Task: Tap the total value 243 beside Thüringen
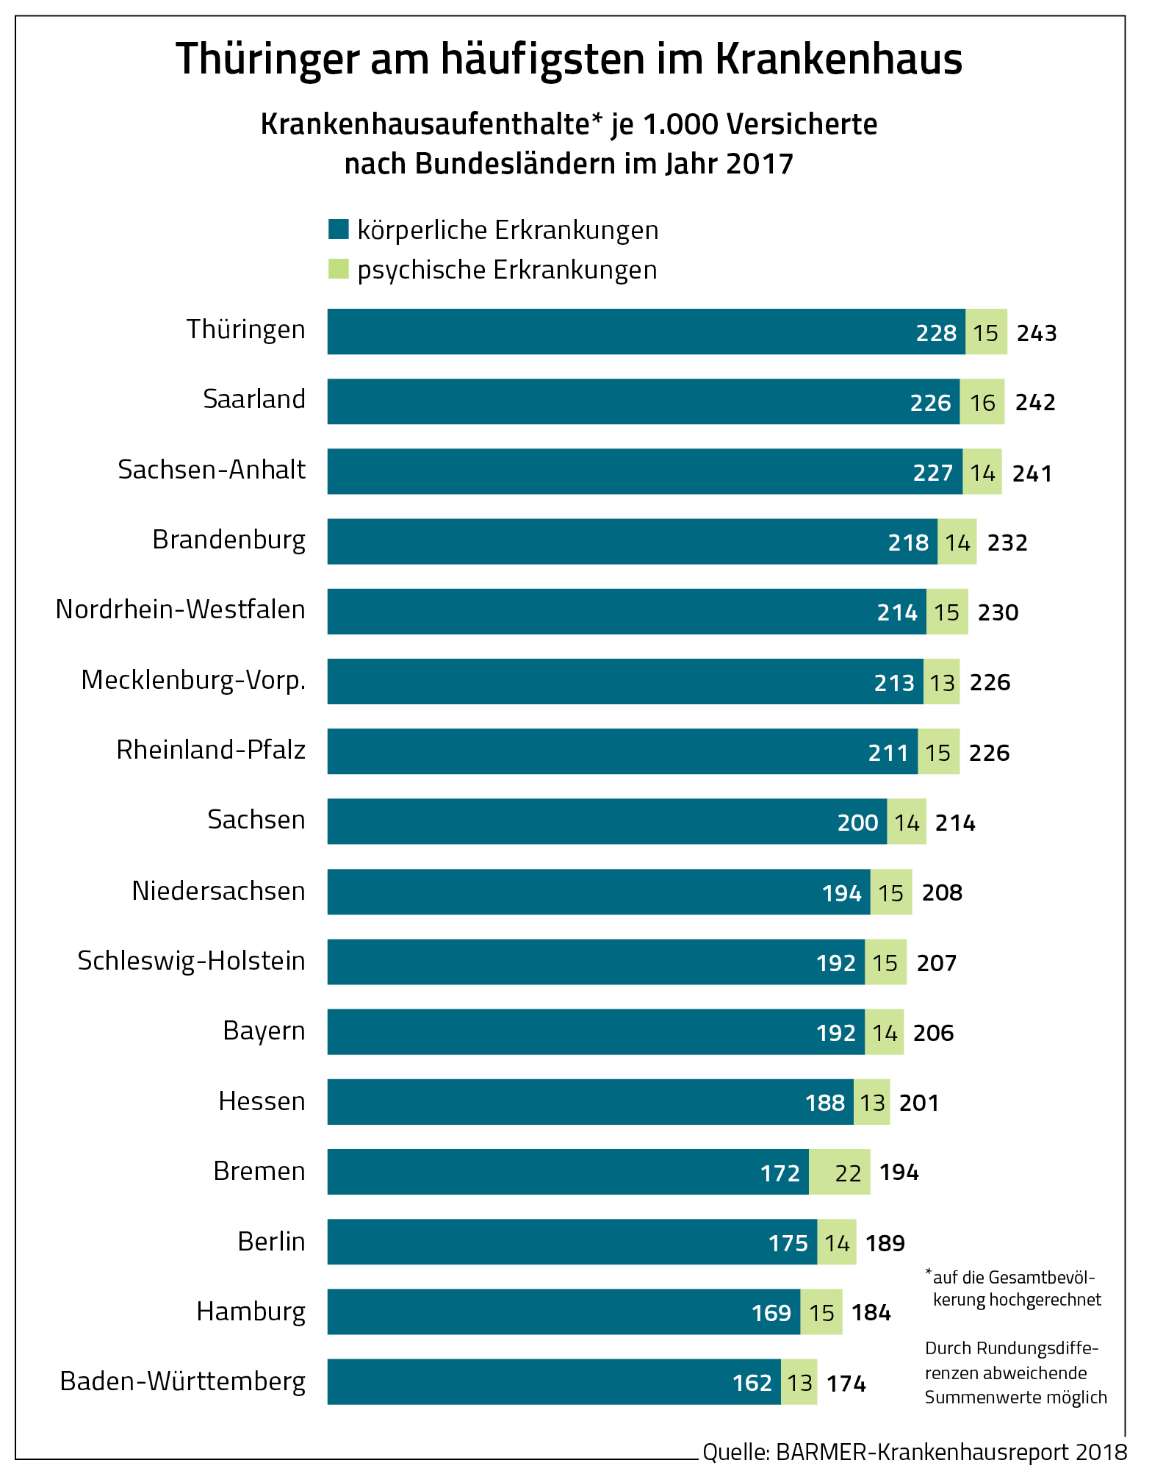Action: click(x=1036, y=333)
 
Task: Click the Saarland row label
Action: click(x=254, y=399)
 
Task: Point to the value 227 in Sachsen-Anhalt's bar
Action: click(x=932, y=473)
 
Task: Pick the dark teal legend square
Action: click(x=338, y=229)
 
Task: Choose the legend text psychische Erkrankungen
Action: click(x=507, y=270)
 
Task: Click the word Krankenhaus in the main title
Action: click(x=838, y=59)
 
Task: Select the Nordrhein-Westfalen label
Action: click(x=180, y=609)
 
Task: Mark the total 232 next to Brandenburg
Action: click(x=1007, y=543)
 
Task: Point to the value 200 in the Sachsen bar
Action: click(x=857, y=822)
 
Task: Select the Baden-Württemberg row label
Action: click(x=182, y=1381)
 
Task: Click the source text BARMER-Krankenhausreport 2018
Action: click(x=951, y=1451)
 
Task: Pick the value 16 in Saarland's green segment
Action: click(x=982, y=403)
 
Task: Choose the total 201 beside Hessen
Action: click(x=918, y=1103)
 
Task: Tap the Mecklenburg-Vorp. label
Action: click(x=193, y=680)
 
